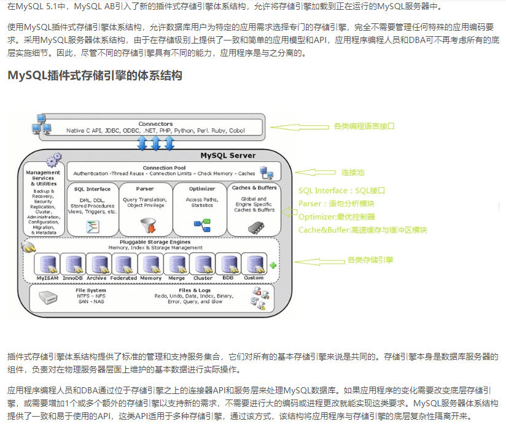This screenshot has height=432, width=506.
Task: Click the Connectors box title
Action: (x=155, y=123)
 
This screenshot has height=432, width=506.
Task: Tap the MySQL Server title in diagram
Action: (x=228, y=155)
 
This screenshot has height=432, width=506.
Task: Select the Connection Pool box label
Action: (x=164, y=168)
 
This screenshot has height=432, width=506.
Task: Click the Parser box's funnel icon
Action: (x=145, y=225)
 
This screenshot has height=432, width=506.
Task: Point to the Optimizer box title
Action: (x=202, y=188)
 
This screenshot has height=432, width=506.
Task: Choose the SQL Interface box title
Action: (x=92, y=189)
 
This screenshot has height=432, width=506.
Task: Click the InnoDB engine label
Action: (x=72, y=278)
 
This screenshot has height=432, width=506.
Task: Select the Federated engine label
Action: (x=123, y=278)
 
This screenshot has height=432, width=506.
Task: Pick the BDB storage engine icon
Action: (x=227, y=264)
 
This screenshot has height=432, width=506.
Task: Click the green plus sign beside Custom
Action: (x=273, y=265)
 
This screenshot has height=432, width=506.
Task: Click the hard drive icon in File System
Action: (x=51, y=299)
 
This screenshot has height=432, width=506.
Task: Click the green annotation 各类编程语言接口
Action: (x=364, y=126)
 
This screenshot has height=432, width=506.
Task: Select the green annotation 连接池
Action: (x=352, y=172)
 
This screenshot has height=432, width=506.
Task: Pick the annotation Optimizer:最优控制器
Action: (x=337, y=217)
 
